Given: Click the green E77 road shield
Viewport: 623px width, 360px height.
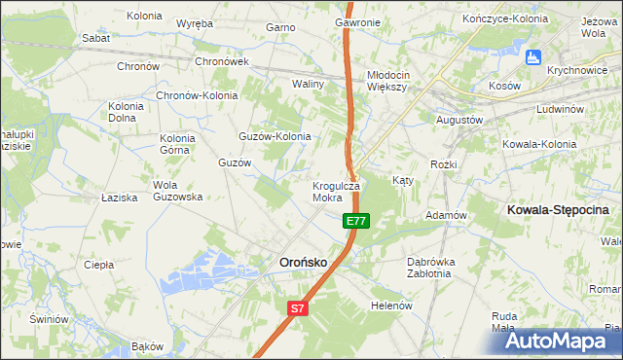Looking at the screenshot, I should point(355,222).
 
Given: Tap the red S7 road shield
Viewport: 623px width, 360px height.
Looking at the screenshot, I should point(298,308).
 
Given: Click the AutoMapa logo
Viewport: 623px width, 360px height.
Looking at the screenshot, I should point(558,340).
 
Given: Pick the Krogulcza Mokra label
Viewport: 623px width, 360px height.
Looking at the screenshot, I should point(336,191).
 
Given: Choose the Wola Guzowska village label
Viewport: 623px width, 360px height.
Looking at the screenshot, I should point(177,191).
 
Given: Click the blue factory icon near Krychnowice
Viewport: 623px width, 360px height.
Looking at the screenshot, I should point(531,57).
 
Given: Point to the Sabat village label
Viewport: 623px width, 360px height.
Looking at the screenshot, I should point(95,38).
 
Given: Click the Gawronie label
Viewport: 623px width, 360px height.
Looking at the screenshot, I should point(357,21).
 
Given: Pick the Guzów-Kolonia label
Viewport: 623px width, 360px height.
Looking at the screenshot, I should point(275,136).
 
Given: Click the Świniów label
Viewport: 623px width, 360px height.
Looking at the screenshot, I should point(49,319).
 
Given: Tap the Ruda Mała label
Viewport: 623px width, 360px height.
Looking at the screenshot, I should point(503,322).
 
